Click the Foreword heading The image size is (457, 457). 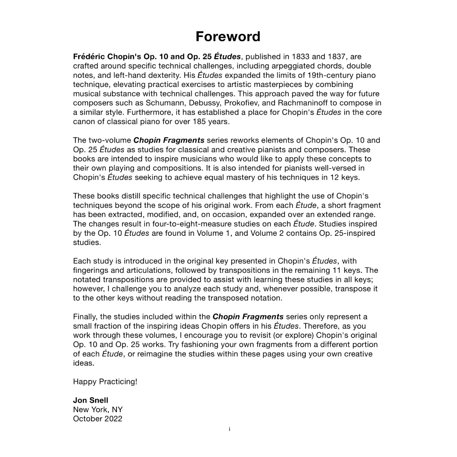coord(228,37)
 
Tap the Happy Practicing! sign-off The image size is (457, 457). coord(105,382)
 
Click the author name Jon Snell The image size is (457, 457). coord(90,400)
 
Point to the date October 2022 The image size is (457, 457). coord(97,419)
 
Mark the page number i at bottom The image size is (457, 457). coord(229,429)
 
